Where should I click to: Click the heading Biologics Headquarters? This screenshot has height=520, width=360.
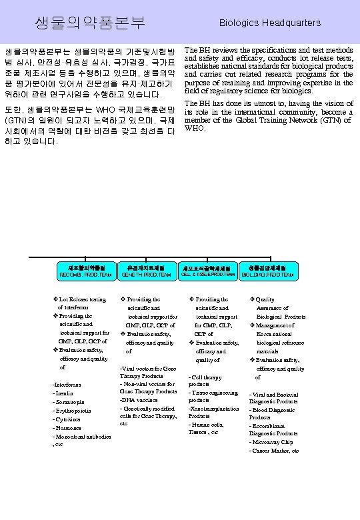tap(271, 23)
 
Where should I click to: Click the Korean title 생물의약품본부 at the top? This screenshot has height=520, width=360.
tap(90, 23)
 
